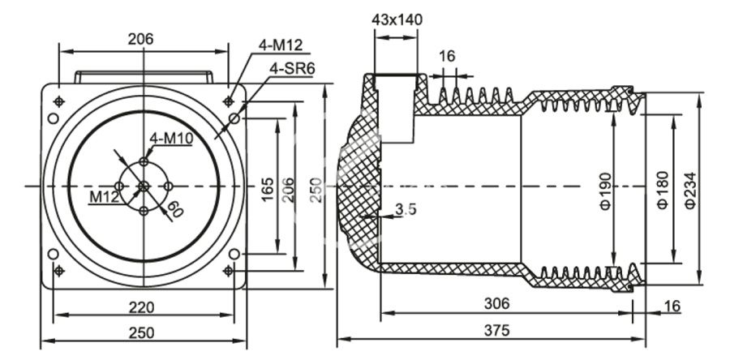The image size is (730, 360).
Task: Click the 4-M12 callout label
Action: pyautogui.click(x=281, y=45)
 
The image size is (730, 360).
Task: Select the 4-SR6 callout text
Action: pyautogui.click(x=292, y=68)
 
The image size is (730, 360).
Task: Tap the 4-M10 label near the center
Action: pyautogui.click(x=170, y=138)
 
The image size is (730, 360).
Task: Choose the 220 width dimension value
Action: pyautogui.click(x=143, y=307)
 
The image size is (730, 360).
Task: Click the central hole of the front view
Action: pyautogui.click(x=144, y=186)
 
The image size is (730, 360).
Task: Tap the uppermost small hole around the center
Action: pyautogui.click(x=144, y=162)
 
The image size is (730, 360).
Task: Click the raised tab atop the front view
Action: pyautogui.click(x=144, y=77)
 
